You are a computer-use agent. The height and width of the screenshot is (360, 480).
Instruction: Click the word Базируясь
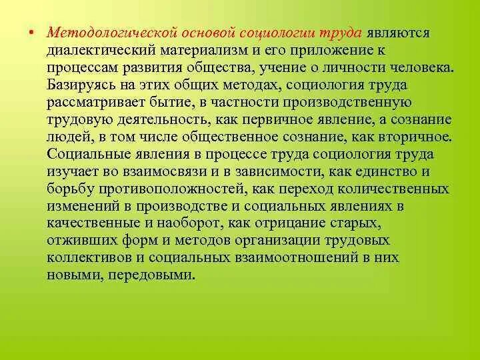pyautogui.click(x=81, y=85)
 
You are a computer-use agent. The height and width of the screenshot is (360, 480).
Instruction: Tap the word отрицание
pyautogui.click(x=302, y=223)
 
